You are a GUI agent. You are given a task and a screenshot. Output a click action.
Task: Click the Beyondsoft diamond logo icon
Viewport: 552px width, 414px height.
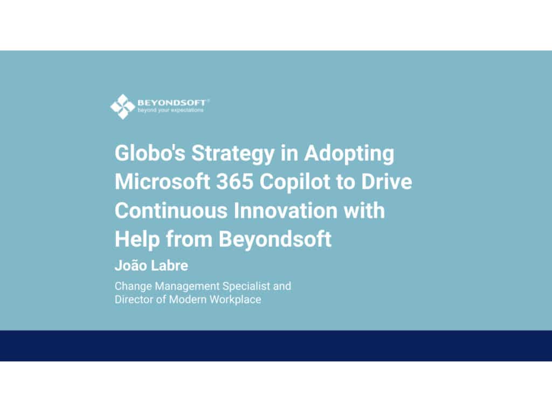coord(122,106)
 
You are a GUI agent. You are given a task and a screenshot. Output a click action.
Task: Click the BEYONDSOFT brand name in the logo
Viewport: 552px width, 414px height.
coord(171,102)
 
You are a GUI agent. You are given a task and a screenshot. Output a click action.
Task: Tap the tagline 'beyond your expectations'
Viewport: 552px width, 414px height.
coord(170,110)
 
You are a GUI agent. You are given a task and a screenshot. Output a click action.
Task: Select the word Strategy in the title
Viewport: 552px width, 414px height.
coord(233,154)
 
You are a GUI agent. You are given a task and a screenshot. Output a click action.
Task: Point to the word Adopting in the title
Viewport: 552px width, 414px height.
coord(349,154)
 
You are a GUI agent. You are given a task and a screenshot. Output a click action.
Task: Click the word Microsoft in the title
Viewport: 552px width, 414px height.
coord(162,182)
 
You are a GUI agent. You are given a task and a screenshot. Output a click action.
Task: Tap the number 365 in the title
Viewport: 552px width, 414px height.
coord(234,182)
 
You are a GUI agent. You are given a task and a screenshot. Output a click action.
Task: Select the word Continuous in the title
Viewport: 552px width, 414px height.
coord(171,211)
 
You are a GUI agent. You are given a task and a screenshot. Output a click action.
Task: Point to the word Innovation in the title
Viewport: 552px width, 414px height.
coord(285,211)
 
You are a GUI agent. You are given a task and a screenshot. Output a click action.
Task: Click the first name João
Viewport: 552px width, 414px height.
coord(129,265)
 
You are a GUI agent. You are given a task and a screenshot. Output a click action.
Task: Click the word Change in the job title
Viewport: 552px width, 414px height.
coord(133,286)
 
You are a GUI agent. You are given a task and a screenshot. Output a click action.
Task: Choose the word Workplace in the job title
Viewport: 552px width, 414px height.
coord(236,300)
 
